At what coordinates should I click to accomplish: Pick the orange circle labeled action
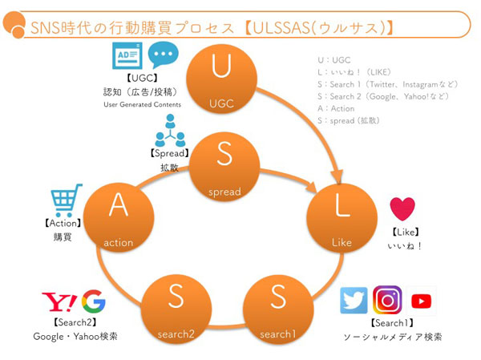(118, 214)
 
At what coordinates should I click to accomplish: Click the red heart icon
(402, 209)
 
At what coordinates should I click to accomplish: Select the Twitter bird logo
(354, 300)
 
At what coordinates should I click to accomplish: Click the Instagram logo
(387, 300)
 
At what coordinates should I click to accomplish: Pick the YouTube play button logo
(420, 301)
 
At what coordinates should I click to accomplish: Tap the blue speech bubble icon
(164, 57)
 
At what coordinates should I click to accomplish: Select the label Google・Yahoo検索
(75, 336)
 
